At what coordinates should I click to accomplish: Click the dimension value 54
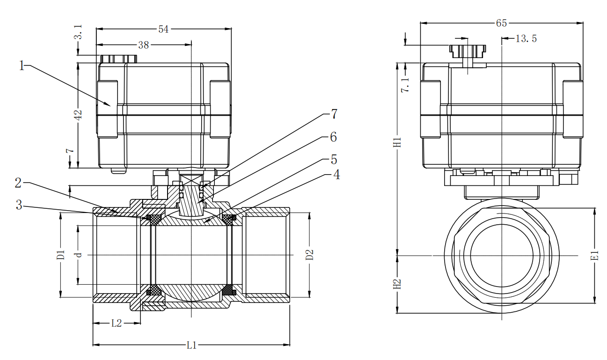tap(163, 29)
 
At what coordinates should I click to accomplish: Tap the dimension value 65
tap(501, 23)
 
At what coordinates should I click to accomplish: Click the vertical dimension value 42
tap(78, 115)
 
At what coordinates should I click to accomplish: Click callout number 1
tap(21, 66)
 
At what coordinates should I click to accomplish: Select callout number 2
tap(18, 183)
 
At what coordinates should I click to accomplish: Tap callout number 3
tap(19, 205)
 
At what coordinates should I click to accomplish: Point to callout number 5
tap(334, 160)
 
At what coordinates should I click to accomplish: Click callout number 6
tap(333, 137)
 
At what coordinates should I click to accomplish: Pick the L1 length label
tap(192, 345)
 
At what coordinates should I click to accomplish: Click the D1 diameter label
tap(60, 256)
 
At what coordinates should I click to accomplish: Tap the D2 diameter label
tap(309, 255)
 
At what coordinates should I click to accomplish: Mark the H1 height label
tap(397, 142)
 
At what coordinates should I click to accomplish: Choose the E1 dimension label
tap(594, 256)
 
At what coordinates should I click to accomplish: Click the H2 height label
tap(397, 284)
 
